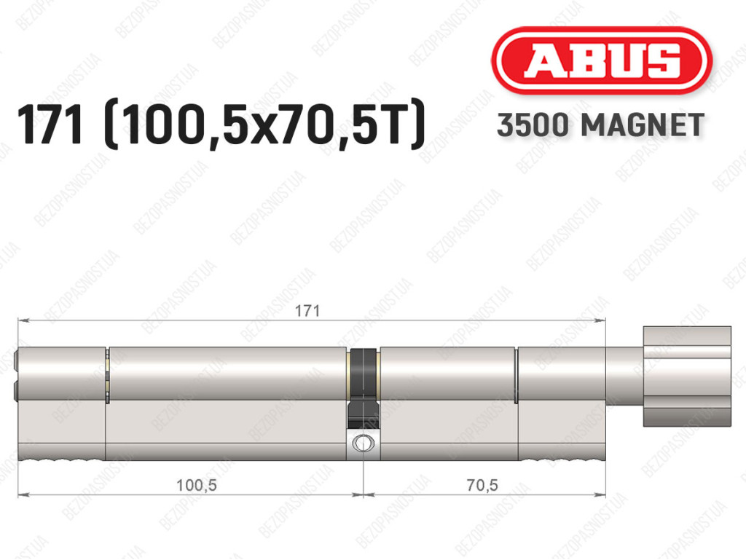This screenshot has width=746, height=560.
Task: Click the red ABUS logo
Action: [x=601, y=60]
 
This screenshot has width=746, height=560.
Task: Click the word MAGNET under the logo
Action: [x=643, y=125]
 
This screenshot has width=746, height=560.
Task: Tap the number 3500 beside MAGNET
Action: [x=533, y=125]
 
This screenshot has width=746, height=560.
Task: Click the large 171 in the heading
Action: [x=50, y=125]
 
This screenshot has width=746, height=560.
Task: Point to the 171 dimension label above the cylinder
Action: [x=307, y=311]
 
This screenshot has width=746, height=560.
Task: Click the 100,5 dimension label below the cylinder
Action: [x=197, y=485]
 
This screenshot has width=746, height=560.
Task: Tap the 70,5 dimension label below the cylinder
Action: [x=482, y=485]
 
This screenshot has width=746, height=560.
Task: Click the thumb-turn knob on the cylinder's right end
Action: [x=687, y=376]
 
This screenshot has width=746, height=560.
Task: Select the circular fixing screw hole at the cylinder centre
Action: [x=363, y=443]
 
